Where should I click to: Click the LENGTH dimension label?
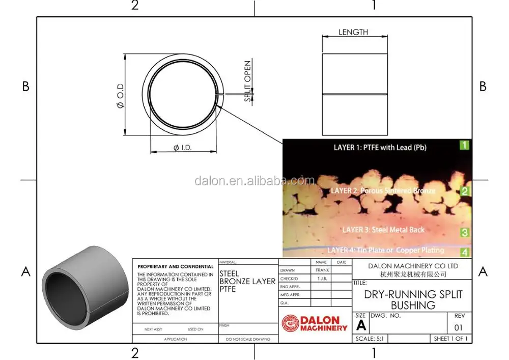coord(353,32)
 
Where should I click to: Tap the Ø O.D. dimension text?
coord(120,96)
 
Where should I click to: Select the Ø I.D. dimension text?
coord(182,148)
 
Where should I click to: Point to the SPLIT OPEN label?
coord(248,81)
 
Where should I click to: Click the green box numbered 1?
coord(464,145)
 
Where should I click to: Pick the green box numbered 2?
coord(464,191)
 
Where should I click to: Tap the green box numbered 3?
coord(464,233)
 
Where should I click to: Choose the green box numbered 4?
coord(464,252)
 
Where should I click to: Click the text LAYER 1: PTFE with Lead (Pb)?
coord(380,148)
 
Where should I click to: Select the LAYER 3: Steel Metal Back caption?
coord(383,230)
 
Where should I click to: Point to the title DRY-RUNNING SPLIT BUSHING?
coord(413,300)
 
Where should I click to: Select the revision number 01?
coord(459,327)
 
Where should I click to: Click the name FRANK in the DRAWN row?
coord(322,270)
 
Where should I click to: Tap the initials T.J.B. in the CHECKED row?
coord(322,279)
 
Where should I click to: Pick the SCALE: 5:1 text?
coord(373,339)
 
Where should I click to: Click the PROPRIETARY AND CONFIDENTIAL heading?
coord(176,266)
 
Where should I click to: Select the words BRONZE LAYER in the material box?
coord(247,281)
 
